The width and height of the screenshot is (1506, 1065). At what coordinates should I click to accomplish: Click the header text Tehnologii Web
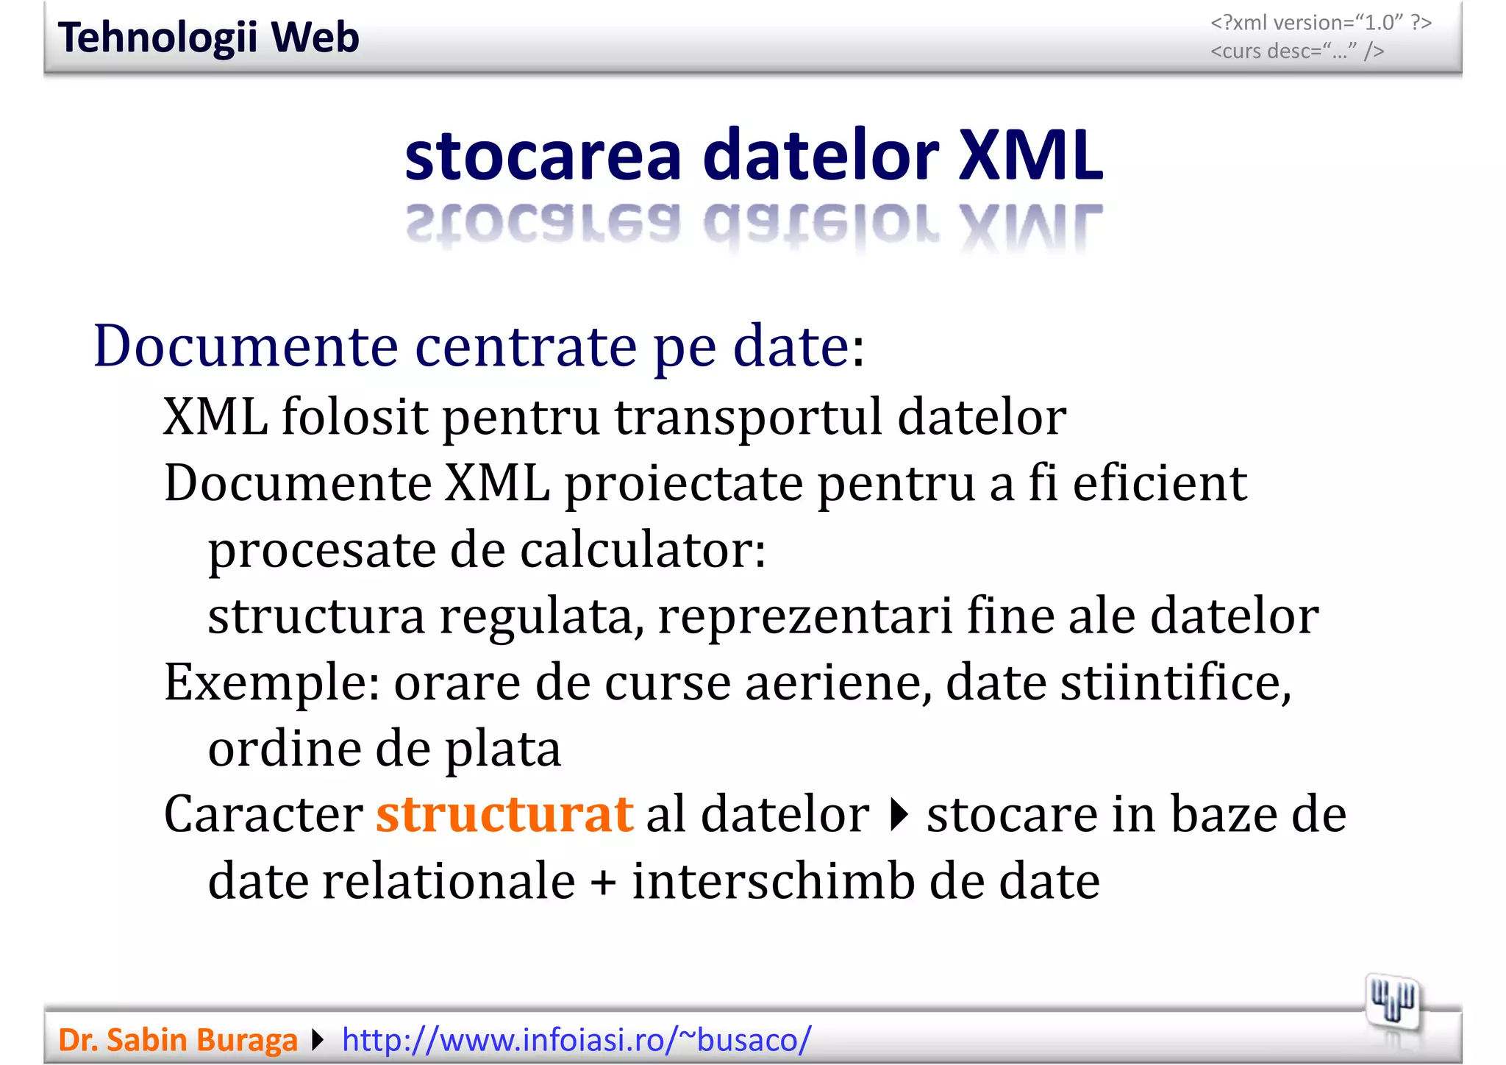click(208, 38)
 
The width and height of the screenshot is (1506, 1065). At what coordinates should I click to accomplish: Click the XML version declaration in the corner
click(1321, 23)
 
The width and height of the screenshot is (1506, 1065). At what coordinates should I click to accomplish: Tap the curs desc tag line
click(1297, 51)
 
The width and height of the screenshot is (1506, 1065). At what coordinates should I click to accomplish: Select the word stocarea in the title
click(543, 156)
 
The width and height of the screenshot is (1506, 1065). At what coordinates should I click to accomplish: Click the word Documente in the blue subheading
click(246, 346)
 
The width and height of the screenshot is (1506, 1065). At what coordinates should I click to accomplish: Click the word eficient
click(1160, 484)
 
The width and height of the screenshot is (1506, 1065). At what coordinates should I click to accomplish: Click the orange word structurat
click(504, 815)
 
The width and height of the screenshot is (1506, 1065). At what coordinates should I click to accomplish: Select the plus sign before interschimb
click(603, 882)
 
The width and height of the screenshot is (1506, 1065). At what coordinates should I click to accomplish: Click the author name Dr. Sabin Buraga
click(177, 1040)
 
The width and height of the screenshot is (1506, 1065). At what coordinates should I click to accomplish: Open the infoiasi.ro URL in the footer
click(577, 1040)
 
